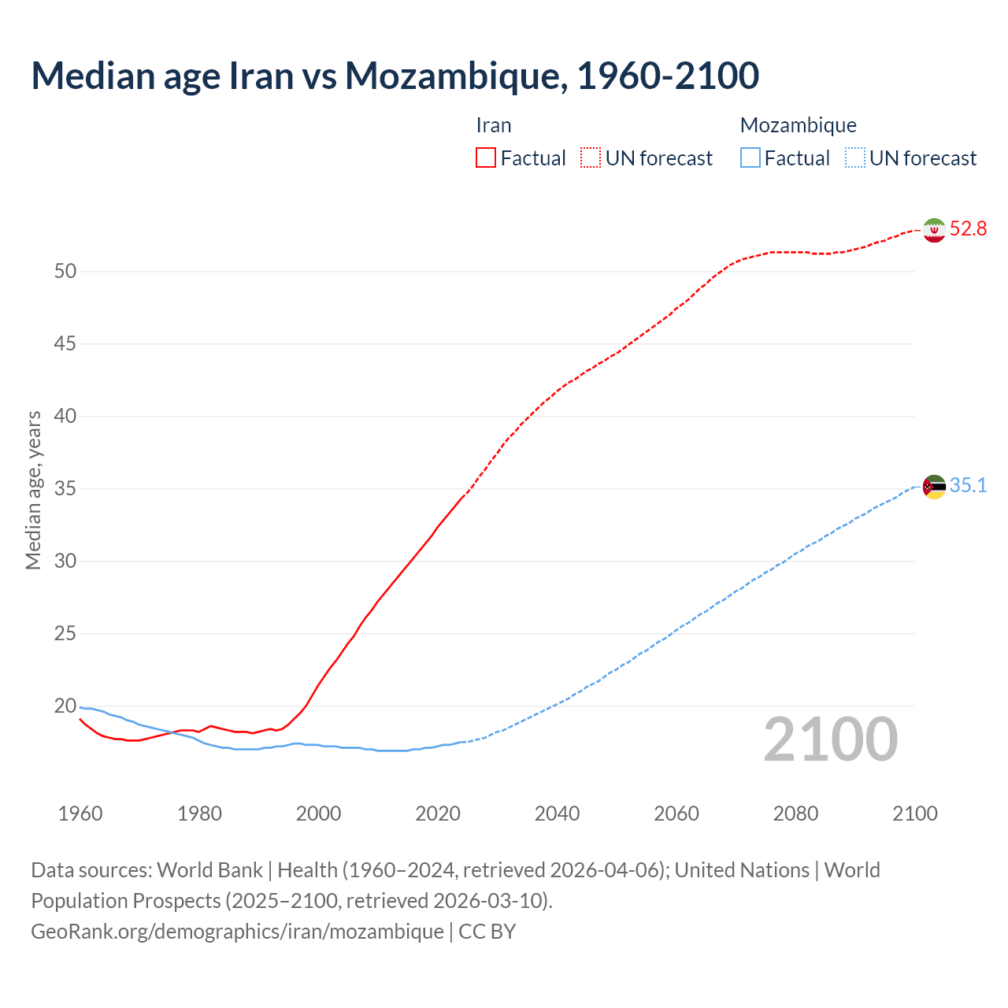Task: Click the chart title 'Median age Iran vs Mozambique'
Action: (x=395, y=76)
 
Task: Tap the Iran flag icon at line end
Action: (x=934, y=230)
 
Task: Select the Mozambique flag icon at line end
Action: (x=934, y=487)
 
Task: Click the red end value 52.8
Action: (x=968, y=228)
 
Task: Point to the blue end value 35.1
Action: (x=968, y=485)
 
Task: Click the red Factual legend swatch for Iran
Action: (x=486, y=158)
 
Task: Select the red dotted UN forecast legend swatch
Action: (x=591, y=158)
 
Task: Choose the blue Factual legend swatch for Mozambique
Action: (x=750, y=158)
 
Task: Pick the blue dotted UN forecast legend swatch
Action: (x=855, y=158)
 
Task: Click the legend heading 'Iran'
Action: (x=494, y=125)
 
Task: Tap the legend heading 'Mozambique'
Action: (x=798, y=125)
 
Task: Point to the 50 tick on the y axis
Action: (x=65, y=272)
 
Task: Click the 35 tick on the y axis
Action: (x=65, y=489)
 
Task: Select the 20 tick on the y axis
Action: (x=65, y=706)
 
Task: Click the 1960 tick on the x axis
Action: (x=80, y=813)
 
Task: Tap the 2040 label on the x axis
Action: (x=557, y=813)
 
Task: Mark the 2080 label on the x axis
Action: (x=795, y=813)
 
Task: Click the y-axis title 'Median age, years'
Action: (x=33, y=490)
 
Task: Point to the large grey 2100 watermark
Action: (x=831, y=739)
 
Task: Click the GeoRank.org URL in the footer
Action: (x=237, y=932)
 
